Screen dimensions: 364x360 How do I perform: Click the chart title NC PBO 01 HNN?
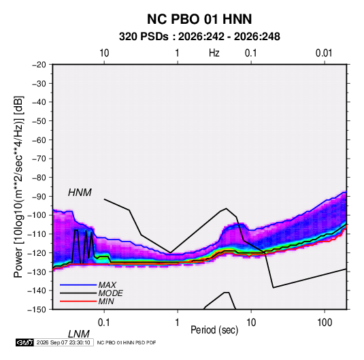pyautogui.click(x=199, y=19)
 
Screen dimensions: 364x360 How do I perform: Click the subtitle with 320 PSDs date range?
pyautogui.click(x=199, y=37)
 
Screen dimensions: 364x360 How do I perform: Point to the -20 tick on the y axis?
pyautogui.click(x=39, y=65)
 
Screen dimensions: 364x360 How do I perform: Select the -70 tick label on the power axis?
pyautogui.click(x=39, y=159)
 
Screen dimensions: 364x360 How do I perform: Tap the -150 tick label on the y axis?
pyautogui.click(x=37, y=310)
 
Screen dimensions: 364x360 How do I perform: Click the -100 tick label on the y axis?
pyautogui.click(x=37, y=215)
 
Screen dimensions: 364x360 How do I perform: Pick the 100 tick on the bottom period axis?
pyautogui.click(x=325, y=323)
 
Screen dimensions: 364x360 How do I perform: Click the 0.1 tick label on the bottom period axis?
pyautogui.click(x=104, y=323)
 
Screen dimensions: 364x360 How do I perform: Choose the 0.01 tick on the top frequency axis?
pyautogui.click(x=324, y=53)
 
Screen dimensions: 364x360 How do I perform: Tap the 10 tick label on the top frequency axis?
pyautogui.click(x=104, y=53)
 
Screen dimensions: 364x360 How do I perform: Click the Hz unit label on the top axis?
pyautogui.click(x=214, y=53)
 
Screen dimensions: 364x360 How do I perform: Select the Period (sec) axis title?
pyautogui.click(x=214, y=330)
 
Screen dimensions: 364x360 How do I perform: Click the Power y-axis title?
pyautogui.click(x=18, y=187)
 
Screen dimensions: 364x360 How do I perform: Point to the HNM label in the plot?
pyautogui.click(x=80, y=193)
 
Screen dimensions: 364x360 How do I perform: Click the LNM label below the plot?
pyautogui.click(x=79, y=334)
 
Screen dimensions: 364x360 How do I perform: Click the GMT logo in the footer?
pyautogui.click(x=24, y=342)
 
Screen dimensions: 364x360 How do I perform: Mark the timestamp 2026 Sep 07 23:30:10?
pyautogui.click(x=63, y=342)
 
